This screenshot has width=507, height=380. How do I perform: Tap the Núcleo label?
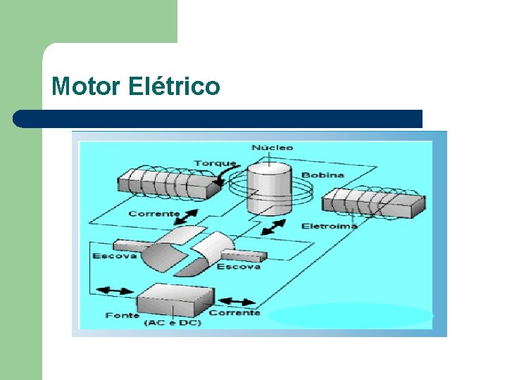[x=272, y=148]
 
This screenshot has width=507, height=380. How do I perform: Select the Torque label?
[x=215, y=163]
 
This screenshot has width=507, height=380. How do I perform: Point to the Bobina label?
[x=323, y=175]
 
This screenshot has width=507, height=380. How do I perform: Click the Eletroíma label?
[x=329, y=226]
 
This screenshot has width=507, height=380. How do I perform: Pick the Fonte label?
[x=122, y=315]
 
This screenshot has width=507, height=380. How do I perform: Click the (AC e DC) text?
[x=172, y=323]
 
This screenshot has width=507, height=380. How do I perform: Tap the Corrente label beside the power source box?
[x=234, y=312]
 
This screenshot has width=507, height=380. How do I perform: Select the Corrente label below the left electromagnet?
[x=154, y=213]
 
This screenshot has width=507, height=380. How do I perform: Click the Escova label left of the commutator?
[x=114, y=255]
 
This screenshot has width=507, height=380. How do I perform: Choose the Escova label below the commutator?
[x=238, y=266]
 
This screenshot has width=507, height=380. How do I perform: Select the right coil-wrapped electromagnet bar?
[x=373, y=203]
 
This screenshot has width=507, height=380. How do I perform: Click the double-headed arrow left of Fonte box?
[x=113, y=291]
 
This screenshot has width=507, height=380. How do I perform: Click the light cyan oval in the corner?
[x=351, y=315]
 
